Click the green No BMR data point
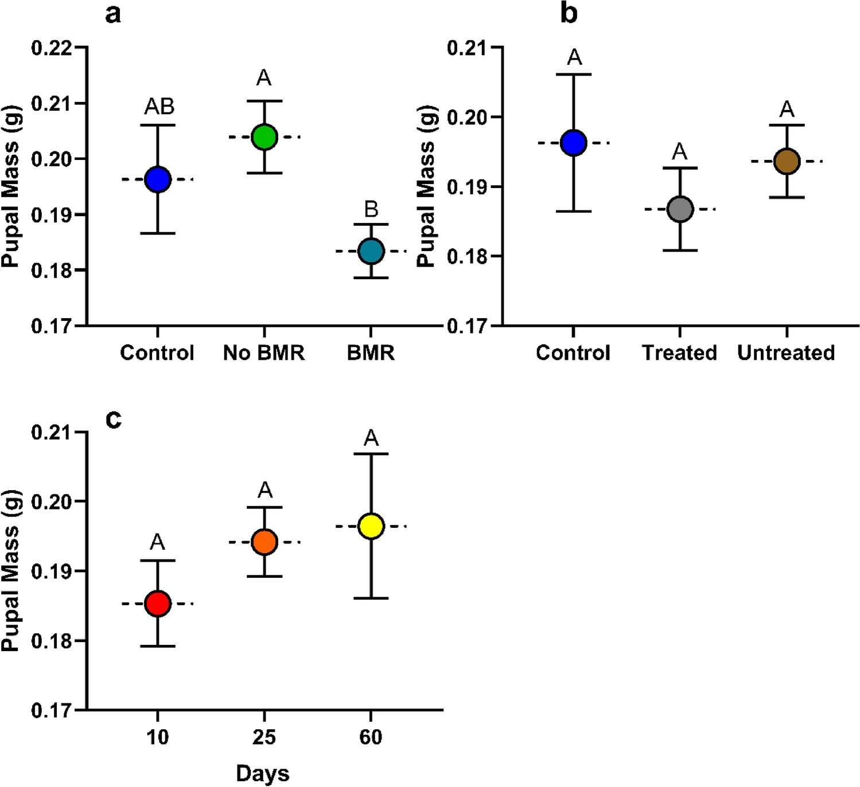264,137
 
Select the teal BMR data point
371,251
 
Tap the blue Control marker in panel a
158,179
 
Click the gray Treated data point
680,209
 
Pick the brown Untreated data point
787,162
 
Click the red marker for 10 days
158,604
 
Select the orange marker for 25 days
264,542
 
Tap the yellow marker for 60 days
371,526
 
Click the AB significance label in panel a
159,106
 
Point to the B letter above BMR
371,209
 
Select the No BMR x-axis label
264,353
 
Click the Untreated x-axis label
786,353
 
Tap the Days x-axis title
263,773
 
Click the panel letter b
569,14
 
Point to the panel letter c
114,419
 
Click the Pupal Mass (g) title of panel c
10,570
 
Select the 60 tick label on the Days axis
371,737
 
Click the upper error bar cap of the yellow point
371,454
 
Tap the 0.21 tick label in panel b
467,48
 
